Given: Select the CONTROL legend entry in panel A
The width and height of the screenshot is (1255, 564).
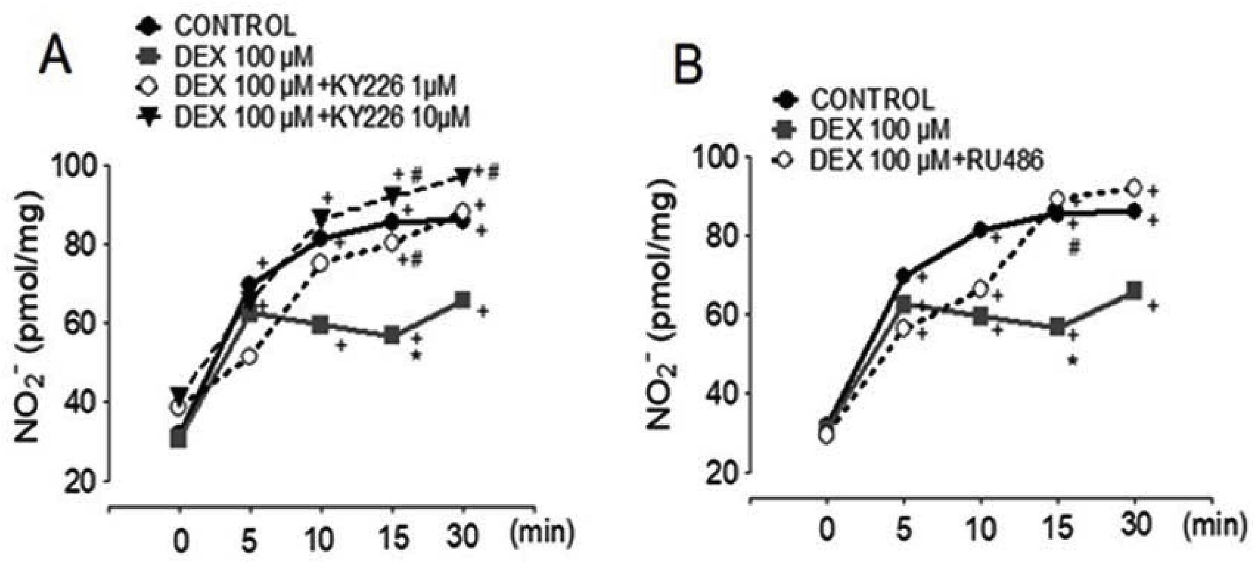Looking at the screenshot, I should [x=235, y=26].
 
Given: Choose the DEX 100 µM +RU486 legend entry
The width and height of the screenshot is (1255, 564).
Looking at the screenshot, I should [x=926, y=160].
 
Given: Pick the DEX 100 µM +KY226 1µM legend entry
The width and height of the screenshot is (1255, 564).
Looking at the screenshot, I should [x=315, y=87].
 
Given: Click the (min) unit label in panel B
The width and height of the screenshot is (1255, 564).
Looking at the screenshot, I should [x=1214, y=525].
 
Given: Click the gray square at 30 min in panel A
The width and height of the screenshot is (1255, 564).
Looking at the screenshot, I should [x=462, y=300].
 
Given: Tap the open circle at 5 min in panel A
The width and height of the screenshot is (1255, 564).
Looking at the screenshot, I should [x=250, y=356].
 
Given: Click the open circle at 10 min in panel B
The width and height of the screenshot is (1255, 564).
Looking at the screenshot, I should [x=980, y=288].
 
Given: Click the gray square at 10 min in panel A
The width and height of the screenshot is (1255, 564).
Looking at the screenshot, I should [x=321, y=325].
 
